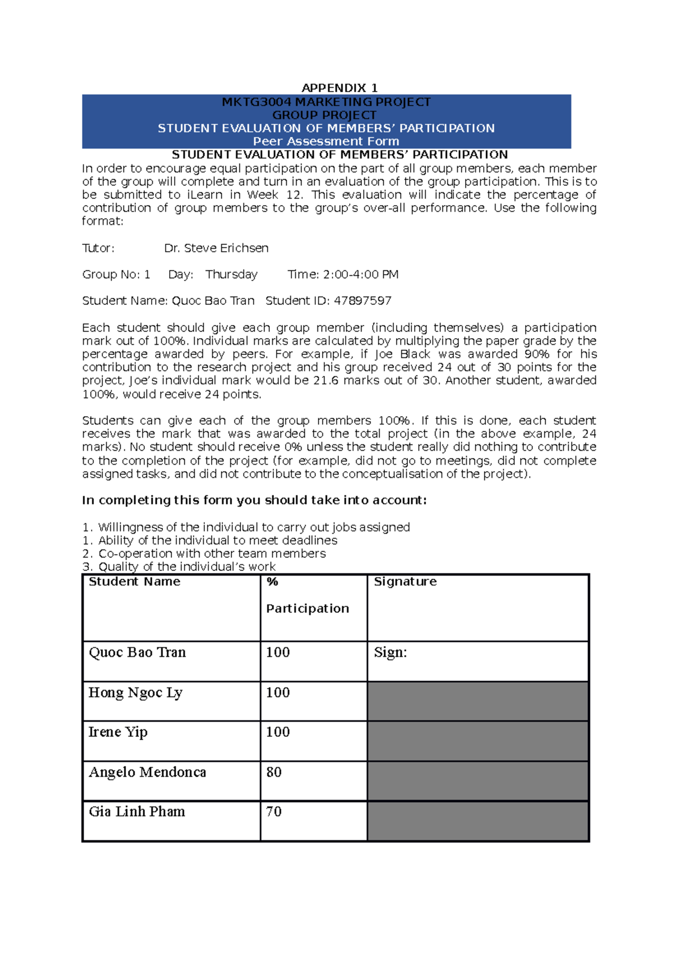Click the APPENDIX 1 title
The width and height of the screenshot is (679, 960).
pyautogui.click(x=339, y=88)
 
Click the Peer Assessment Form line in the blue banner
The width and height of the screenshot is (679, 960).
pyautogui.click(x=326, y=141)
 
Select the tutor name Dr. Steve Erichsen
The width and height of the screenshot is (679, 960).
pyautogui.click(x=216, y=248)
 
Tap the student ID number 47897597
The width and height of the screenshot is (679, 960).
pyautogui.click(x=362, y=301)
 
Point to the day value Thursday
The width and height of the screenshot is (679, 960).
pyautogui.click(x=231, y=275)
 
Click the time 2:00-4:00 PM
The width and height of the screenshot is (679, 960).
pyautogui.click(x=360, y=275)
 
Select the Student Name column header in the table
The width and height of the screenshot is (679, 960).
pyautogui.click(x=135, y=582)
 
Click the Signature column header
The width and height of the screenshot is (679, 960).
pyautogui.click(x=405, y=582)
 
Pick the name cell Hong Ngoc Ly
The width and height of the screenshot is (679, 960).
pyautogui.click(x=135, y=693)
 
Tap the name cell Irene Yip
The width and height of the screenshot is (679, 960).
pyautogui.click(x=118, y=732)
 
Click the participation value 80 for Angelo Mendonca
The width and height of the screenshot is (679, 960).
pyautogui.click(x=274, y=772)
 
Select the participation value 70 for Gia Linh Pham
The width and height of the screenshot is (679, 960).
pyautogui.click(x=274, y=812)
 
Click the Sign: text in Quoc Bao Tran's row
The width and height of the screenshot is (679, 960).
pyautogui.click(x=390, y=652)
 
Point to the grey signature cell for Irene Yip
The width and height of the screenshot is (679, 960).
pyautogui.click(x=478, y=741)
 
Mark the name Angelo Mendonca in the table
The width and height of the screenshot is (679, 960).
pyautogui.click(x=147, y=772)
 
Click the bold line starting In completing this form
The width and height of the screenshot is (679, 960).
pyautogui.click(x=254, y=500)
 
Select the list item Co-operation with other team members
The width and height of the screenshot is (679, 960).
pyautogui.click(x=212, y=553)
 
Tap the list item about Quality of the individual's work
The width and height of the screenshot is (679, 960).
pyautogui.click(x=187, y=567)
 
